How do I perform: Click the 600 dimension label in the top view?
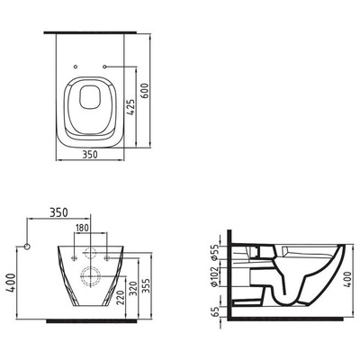[x=145, y=90]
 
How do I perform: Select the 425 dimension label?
[x=130, y=107]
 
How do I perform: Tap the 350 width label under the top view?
[x=90, y=155]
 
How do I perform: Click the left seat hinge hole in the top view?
[x=76, y=67]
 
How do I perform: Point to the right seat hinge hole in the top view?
[x=104, y=67]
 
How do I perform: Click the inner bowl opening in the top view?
[x=90, y=96]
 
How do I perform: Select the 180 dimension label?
[x=82, y=228]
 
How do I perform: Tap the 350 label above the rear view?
[x=58, y=212]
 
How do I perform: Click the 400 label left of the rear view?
[x=11, y=283]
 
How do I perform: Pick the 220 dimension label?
[x=121, y=297]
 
